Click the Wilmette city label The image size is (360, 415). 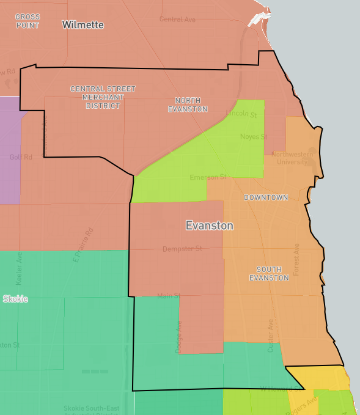pos(83,25)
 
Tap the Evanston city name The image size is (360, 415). pos(210,226)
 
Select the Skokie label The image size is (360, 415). pos(15,299)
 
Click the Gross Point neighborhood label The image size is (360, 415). pos(27,21)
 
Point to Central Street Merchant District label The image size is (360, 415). pos(103,97)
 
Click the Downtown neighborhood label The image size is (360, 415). pos(266,197)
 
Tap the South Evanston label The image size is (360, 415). pos(273,273)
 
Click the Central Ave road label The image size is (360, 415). pos(177,20)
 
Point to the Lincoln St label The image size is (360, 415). pos(241,114)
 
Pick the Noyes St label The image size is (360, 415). pos(254,136)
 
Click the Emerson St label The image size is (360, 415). pos(208,177)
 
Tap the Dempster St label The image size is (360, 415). pos(182,249)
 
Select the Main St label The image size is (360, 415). pos(169,296)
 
